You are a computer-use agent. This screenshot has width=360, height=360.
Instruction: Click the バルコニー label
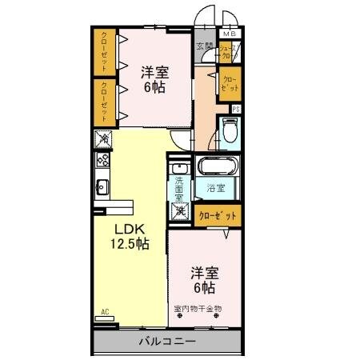point(167,339)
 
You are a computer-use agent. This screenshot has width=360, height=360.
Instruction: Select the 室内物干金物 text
point(197,308)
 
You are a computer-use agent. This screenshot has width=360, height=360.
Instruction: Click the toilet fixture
point(230,130)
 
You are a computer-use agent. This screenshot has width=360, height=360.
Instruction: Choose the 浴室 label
point(215,190)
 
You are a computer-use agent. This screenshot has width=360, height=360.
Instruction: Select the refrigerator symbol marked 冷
point(104,140)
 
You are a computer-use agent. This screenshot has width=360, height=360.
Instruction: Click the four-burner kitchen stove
point(104,159)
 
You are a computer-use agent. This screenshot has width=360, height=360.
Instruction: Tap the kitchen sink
point(103,188)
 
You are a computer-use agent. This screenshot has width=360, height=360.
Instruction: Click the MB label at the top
point(230,34)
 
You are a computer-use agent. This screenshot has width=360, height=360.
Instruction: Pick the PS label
point(236,109)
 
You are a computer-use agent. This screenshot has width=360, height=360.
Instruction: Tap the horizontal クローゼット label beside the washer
point(218,214)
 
